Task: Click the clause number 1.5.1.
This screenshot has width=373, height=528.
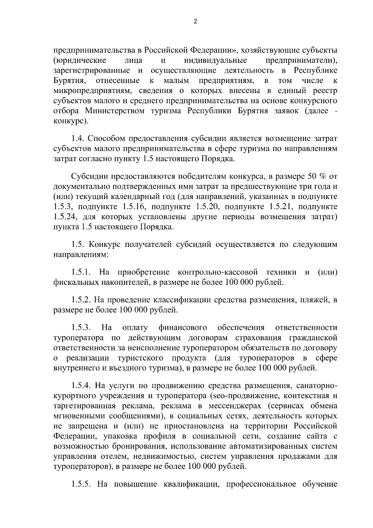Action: pos(81,272)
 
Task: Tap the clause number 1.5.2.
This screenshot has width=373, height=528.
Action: pos(81,300)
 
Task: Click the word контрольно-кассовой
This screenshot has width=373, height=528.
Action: pos(218,272)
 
